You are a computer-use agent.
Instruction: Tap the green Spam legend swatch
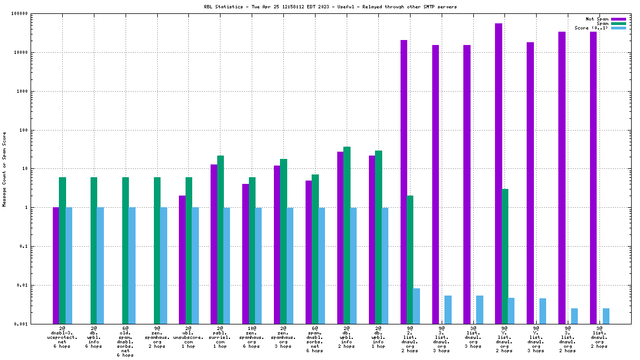tap(618, 23)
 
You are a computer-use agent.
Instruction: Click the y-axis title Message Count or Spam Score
tap(4, 169)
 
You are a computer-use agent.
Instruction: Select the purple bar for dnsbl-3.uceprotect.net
tap(56, 266)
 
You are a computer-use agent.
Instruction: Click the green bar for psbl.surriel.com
tap(221, 239)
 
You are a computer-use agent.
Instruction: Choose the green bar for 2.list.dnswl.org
tap(410, 259)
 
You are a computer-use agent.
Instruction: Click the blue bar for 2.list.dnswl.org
tap(417, 306)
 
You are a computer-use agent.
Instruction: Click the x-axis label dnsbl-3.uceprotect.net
tap(62, 337)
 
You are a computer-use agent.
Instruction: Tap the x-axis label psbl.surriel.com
tap(220, 337)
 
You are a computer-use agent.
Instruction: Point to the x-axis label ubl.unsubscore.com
tap(188, 337)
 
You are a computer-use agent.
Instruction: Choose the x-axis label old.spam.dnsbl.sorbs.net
tap(125, 341)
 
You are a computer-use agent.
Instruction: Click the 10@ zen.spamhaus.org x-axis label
tap(252, 337)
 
